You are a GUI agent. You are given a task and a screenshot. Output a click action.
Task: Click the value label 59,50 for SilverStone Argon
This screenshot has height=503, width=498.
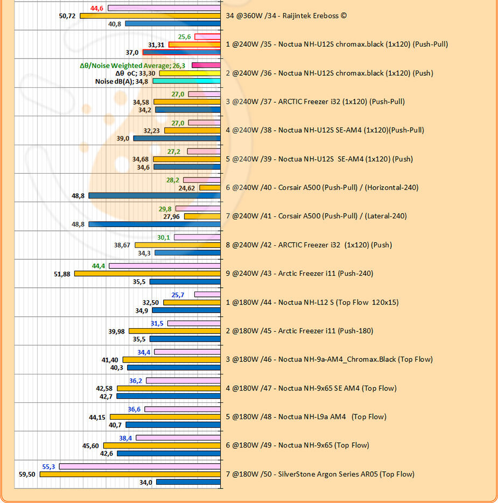point(26,474)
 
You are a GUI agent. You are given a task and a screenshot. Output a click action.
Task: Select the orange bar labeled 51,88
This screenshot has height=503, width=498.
point(147,274)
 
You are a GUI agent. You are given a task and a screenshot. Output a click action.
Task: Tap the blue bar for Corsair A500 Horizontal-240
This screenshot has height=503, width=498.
point(155,196)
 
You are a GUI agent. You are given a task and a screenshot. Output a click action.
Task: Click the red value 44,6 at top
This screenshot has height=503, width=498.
point(98,8)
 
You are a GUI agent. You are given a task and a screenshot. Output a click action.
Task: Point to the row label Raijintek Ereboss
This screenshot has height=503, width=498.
point(286,16)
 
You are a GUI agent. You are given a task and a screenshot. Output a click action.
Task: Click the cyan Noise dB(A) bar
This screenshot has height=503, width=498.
point(186,81)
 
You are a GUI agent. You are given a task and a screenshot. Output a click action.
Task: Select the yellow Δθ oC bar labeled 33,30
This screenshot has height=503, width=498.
point(190,73)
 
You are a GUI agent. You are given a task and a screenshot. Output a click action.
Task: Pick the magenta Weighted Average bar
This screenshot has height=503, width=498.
point(206,66)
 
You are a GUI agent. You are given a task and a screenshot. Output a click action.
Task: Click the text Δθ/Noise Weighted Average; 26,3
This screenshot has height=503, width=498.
point(132,66)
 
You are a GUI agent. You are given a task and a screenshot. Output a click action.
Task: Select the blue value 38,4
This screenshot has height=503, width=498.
point(125,438)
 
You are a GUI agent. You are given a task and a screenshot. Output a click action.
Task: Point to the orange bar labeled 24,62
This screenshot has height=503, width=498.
point(210,188)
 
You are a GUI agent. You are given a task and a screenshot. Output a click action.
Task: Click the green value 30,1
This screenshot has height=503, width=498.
point(164,237)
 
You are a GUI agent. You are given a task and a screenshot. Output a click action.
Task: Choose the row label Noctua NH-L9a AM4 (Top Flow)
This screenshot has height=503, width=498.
point(305,417)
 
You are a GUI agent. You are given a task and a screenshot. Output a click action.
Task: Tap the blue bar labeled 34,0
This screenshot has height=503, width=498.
point(188,482)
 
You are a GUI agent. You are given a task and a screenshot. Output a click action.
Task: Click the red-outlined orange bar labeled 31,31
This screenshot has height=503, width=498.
point(194,45)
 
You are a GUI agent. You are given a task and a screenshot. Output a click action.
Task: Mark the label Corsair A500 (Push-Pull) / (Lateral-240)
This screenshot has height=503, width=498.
point(316,216)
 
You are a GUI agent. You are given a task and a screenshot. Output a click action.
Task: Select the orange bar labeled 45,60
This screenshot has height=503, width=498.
point(162,446)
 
